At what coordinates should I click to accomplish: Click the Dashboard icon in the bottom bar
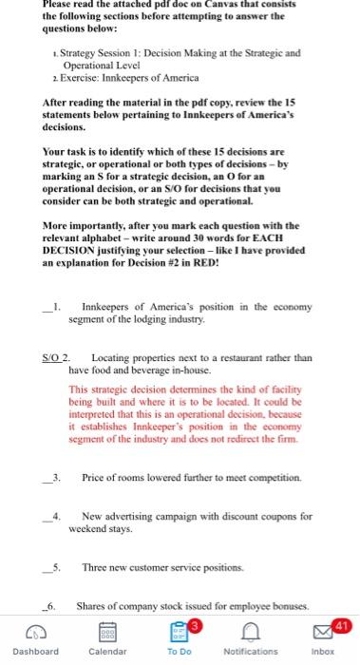tap(36, 633)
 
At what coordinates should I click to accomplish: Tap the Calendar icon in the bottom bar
tap(107, 633)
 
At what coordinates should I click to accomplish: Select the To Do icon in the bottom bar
tap(179, 633)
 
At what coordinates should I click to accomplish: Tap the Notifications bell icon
tap(250, 633)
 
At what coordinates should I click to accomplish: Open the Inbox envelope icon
tap(323, 633)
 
